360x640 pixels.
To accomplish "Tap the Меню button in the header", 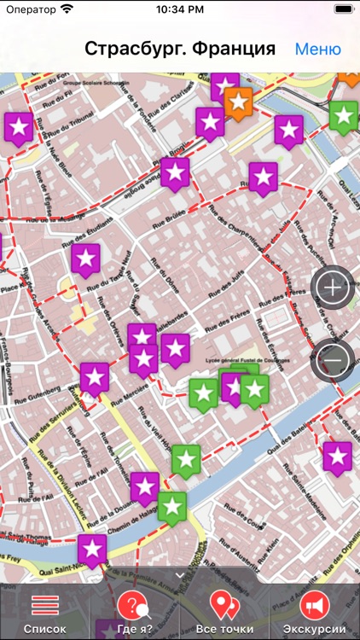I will (x=317, y=49).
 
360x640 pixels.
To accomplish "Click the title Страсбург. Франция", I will (x=180, y=49).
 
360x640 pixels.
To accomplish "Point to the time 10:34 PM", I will (x=179, y=10).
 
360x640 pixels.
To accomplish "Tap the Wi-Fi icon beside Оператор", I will (x=67, y=10).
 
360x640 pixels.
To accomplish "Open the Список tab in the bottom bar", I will (x=44, y=613).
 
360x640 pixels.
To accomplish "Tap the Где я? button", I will (x=134, y=613).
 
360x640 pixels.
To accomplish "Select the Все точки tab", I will (x=224, y=613).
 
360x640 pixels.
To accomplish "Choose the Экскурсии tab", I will (x=315, y=613).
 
